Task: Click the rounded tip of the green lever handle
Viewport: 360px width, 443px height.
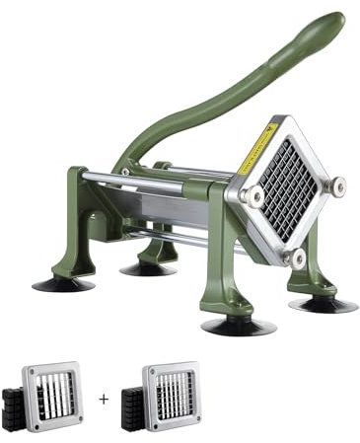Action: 333,24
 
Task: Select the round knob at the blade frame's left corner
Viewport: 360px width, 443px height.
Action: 251,195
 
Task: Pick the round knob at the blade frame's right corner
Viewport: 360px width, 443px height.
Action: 336,185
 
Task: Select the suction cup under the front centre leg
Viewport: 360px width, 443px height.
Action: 238,326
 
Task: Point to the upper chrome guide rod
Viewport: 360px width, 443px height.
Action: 158,178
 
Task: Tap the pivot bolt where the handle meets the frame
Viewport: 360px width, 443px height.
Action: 124,172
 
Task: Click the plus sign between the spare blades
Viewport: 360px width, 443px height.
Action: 105,400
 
